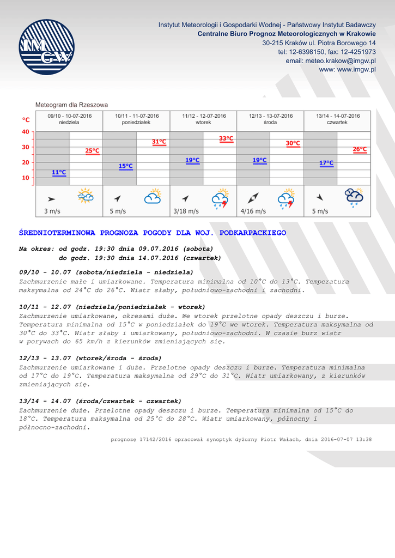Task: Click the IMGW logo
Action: coord(46,47)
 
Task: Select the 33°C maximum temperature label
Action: coord(226,139)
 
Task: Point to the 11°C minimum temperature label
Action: coord(59,173)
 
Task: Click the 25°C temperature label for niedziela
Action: coord(92,151)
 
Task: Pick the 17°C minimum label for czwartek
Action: coord(326,163)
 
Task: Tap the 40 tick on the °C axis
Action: coord(26,132)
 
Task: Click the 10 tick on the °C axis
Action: coord(26,178)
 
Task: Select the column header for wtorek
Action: coord(204,119)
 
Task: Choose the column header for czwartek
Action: coord(338,119)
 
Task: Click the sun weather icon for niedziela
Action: coord(86,196)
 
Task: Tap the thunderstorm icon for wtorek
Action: coord(220,198)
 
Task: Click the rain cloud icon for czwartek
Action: coord(354,197)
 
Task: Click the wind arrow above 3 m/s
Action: coord(51,199)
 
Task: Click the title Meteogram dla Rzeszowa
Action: coord(71,105)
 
